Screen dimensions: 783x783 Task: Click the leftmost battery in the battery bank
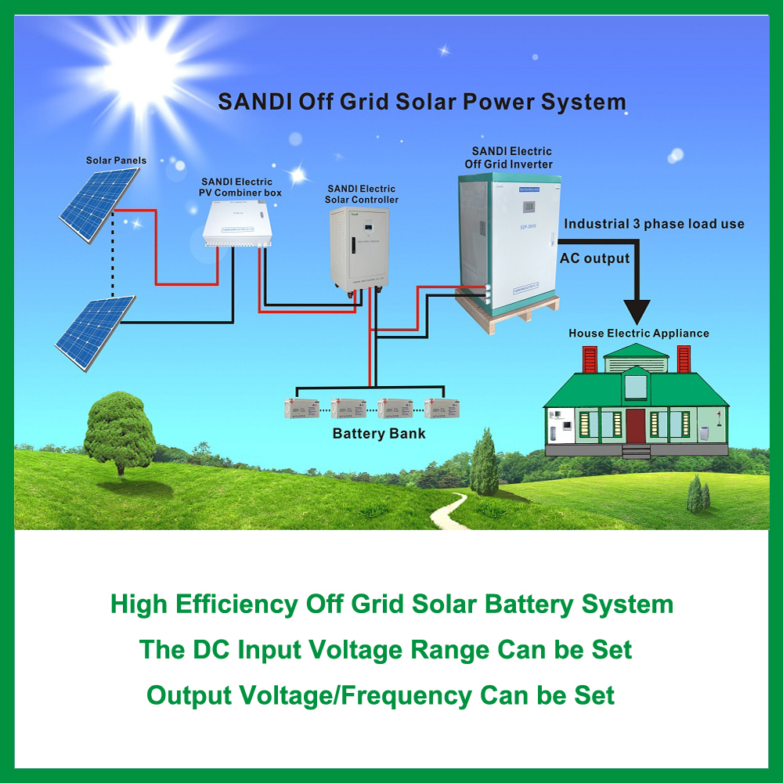(301, 408)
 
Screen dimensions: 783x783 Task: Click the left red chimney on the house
(590, 360)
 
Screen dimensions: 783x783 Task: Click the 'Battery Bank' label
(379, 433)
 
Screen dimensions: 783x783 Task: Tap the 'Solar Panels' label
(116, 161)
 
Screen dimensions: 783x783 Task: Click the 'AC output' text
(594, 258)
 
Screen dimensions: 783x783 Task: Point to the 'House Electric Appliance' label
(638, 333)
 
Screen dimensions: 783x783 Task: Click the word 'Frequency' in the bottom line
(416, 695)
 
